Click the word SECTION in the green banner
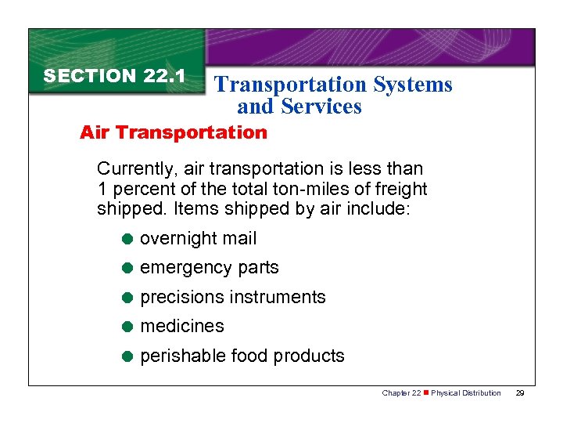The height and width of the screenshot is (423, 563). pyautogui.click(x=90, y=76)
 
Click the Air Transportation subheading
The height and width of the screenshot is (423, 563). pyautogui.click(x=174, y=132)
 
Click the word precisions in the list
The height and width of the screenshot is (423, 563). pyautogui.click(x=181, y=298)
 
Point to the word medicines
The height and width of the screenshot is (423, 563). pyautogui.click(x=181, y=327)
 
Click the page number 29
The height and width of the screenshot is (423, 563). pyautogui.click(x=520, y=393)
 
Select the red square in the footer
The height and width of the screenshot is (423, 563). pyautogui.click(x=426, y=393)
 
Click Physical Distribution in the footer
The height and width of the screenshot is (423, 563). pyautogui.click(x=466, y=393)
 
